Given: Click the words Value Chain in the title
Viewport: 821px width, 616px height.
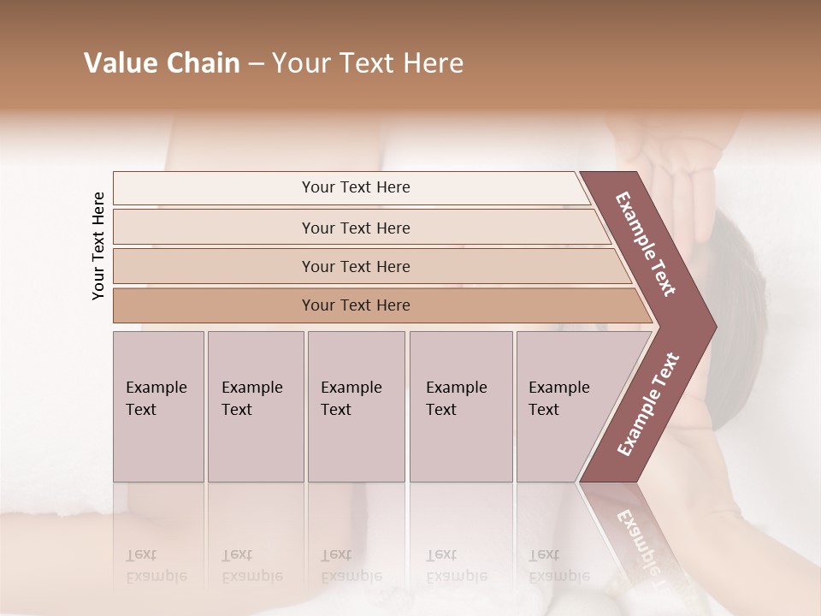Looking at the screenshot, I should (162, 63).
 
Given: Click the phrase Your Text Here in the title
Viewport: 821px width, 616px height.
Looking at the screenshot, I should (368, 63).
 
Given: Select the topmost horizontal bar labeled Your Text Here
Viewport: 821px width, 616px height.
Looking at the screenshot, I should (355, 187).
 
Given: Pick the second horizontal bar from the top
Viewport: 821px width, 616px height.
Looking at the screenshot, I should (355, 228).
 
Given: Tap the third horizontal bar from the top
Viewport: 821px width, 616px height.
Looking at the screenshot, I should (355, 266).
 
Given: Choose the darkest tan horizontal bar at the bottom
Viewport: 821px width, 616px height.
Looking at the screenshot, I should (355, 305).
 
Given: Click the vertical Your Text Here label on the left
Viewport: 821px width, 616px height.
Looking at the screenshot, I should (98, 246).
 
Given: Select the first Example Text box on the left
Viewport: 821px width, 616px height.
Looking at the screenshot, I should (158, 406).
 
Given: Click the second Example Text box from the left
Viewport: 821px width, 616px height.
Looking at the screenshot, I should (255, 406).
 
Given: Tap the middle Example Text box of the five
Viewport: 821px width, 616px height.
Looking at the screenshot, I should (355, 406).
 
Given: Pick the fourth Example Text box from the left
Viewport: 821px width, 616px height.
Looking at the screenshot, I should (460, 406).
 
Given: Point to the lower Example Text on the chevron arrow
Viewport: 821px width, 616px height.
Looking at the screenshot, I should (648, 404).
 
